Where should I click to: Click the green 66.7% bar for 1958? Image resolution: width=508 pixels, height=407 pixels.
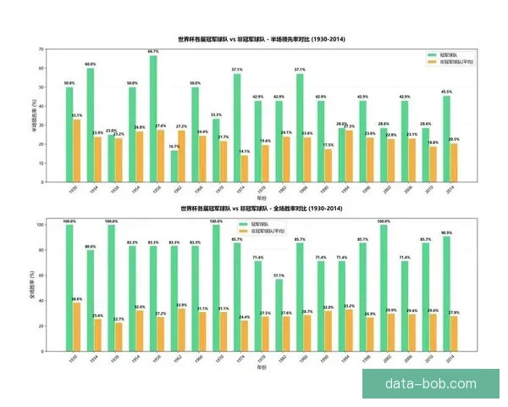pos(153,119)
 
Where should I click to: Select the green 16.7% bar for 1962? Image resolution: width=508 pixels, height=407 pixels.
pos(174,165)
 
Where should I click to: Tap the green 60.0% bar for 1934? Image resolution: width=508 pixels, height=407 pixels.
pos(91,125)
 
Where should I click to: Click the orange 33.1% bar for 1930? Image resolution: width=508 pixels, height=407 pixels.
pos(76,150)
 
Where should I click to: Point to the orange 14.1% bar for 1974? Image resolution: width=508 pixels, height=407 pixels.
pos(245,168)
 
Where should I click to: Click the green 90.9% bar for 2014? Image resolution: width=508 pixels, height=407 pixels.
pos(446,297)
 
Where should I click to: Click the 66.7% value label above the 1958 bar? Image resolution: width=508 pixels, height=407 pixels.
pos(153,53)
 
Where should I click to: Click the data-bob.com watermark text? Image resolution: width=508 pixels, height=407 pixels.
pos(430,383)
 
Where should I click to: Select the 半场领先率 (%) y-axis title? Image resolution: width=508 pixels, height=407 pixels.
pos(35,115)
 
